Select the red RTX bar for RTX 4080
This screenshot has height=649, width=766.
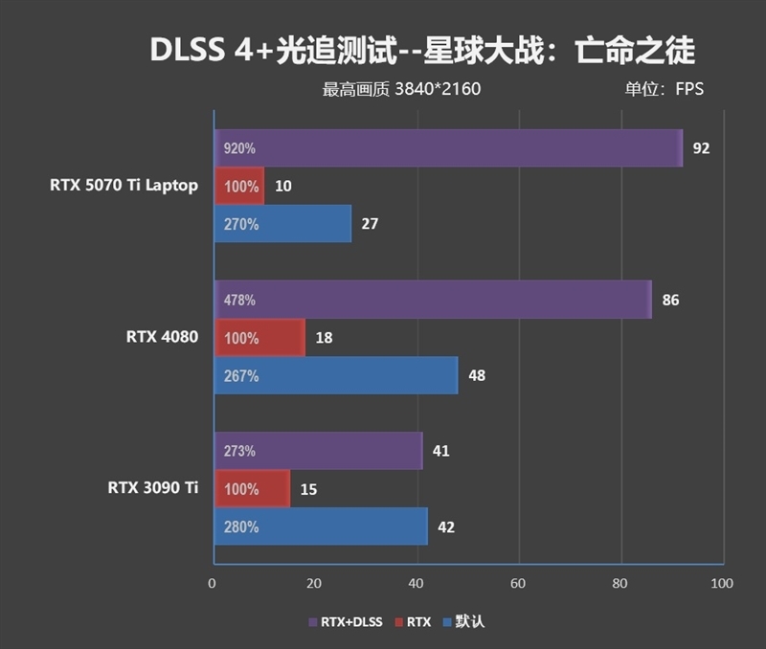pyautogui.click(x=259, y=338)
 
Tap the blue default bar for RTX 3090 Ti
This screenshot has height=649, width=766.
pyautogui.click(x=320, y=526)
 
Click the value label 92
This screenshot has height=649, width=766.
pyautogui.click(x=701, y=148)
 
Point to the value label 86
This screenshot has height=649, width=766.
pyautogui.click(x=670, y=300)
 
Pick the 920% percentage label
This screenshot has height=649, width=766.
pyautogui.click(x=239, y=148)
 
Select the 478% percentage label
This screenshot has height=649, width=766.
pyautogui.click(x=239, y=300)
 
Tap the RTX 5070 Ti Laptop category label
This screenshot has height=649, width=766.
pyautogui.click(x=124, y=186)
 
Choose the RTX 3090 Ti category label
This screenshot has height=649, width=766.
pyautogui.click(x=153, y=488)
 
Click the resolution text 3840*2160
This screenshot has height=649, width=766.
pyautogui.click(x=437, y=90)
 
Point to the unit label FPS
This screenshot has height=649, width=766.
pyautogui.click(x=689, y=90)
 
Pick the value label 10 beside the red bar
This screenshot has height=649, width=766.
pyautogui.click(x=282, y=187)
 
